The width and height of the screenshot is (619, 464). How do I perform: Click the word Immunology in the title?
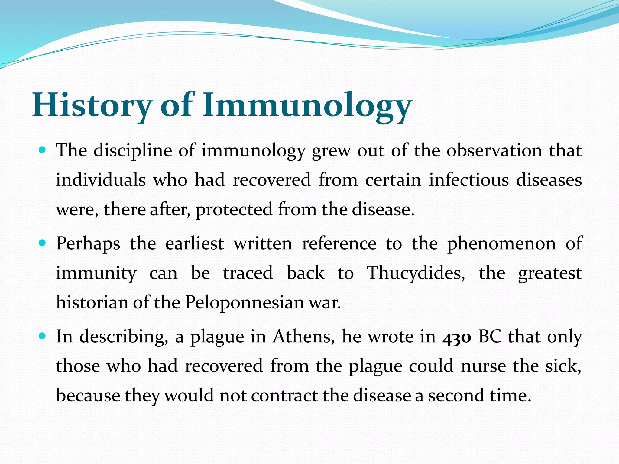[x=307, y=106]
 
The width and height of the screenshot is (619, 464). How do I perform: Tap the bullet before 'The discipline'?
[x=43, y=150]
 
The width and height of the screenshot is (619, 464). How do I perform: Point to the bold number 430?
[x=457, y=337]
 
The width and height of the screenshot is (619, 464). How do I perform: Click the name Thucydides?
[x=416, y=273]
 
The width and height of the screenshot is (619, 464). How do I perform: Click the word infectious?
[x=468, y=180]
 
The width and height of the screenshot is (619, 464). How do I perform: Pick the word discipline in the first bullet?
[x=133, y=150]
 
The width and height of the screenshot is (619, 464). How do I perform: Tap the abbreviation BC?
[x=490, y=337]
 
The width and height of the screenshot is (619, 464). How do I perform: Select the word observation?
[x=494, y=150]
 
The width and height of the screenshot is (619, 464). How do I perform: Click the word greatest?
[x=550, y=273]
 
